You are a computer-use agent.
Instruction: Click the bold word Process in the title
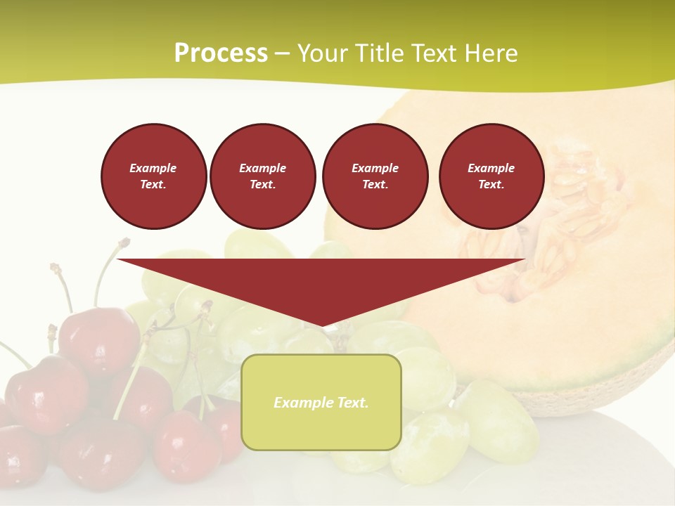(x=221, y=53)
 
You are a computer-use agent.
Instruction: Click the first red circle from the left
(x=153, y=176)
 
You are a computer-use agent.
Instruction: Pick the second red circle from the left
(x=262, y=176)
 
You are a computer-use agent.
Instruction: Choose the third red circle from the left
(x=375, y=176)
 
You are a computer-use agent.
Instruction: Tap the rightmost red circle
(x=491, y=176)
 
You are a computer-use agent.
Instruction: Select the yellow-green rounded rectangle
(x=321, y=429)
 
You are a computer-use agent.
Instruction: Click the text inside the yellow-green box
(x=321, y=403)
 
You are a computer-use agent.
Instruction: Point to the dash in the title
(x=282, y=53)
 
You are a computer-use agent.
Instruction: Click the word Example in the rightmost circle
(x=491, y=168)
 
